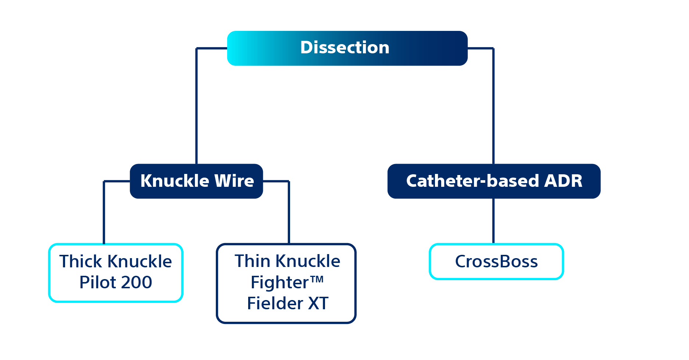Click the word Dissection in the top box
coord(344,48)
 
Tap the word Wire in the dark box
coord(234,181)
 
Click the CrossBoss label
coord(496,262)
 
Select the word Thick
coord(81,261)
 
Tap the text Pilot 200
coord(115,282)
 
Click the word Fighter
coord(279,282)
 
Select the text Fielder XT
coord(288,303)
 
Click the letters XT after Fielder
coord(318,303)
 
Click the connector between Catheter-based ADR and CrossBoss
coord(493,221)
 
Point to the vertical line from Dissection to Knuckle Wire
coord(197,107)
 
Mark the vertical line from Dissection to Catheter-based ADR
coord(493,107)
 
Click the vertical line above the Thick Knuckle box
coord(104,213)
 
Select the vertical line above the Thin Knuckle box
coord(289,213)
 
